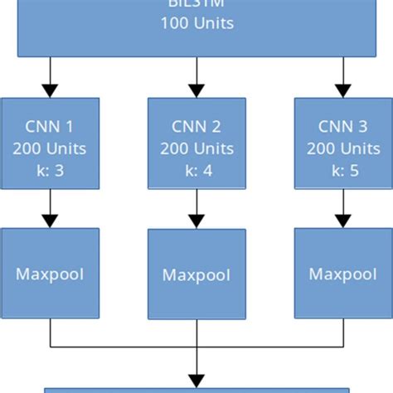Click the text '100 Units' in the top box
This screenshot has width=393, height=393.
coord(196,23)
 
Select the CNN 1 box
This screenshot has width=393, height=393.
coord(51,146)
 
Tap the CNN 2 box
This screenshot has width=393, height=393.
coord(196,146)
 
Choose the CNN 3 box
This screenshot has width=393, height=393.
coord(342,146)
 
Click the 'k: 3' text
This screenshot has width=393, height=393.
coord(51,170)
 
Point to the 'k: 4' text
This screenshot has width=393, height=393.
coord(196,170)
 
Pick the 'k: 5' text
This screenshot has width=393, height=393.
coord(342,170)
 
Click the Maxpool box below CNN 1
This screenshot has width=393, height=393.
coord(51,273)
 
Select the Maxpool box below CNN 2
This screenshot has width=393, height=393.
coord(196,274)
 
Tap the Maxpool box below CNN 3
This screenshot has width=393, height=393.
coord(342,273)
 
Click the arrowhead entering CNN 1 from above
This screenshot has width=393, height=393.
coord(51,90)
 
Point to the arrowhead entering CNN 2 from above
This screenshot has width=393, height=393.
coord(196,90)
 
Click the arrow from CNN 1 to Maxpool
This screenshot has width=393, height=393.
coord(51,211)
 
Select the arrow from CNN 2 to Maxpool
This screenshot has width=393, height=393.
coord(196,211)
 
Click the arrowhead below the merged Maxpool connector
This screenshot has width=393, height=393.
coord(196,378)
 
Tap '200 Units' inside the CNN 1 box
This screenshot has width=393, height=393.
coord(51,149)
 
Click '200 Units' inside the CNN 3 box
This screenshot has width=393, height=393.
coord(342,149)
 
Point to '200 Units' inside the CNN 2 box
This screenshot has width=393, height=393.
coord(196,149)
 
